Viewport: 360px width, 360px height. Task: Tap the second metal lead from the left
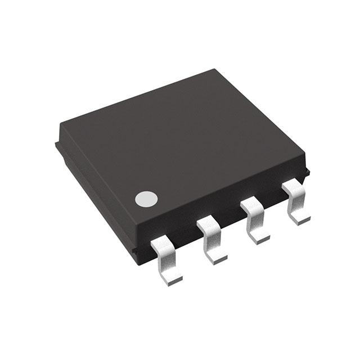(213, 240)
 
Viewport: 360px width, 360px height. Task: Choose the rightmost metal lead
(296, 203)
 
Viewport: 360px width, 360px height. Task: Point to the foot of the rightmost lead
(300, 217)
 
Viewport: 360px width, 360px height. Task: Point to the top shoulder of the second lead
(208, 224)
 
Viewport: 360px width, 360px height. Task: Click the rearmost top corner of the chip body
(215, 70)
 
